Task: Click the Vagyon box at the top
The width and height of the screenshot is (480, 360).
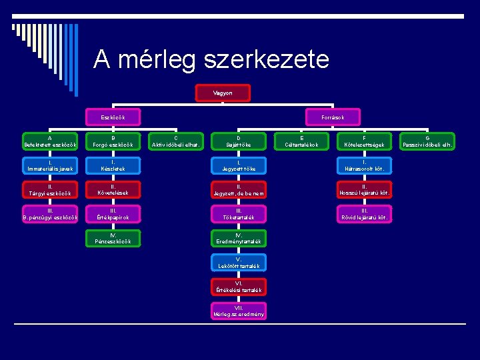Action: (x=223, y=93)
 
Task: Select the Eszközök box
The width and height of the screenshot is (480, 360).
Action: (x=113, y=117)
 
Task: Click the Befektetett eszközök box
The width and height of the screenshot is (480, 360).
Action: (x=50, y=141)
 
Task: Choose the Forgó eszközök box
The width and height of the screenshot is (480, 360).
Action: (x=113, y=141)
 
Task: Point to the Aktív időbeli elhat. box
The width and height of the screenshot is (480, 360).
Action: (x=176, y=141)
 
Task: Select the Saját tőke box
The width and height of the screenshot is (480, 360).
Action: (x=238, y=141)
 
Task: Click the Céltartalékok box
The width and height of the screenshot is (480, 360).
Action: (x=301, y=141)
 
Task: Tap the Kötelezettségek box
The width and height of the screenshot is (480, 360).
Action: (x=364, y=141)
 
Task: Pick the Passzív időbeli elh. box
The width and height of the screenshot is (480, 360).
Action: (x=427, y=141)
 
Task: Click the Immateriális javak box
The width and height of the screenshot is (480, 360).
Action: (x=50, y=165)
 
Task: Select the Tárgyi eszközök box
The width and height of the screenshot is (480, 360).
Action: (x=50, y=190)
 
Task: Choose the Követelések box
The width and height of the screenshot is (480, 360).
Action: (x=113, y=190)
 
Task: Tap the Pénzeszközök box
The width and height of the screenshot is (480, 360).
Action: (x=113, y=238)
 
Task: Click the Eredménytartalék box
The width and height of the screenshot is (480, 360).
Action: (x=238, y=238)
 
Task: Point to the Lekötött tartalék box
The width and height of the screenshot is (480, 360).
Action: (x=238, y=263)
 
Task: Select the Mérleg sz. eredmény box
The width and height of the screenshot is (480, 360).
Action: (x=238, y=311)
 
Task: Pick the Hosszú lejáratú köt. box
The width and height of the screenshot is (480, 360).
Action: (x=364, y=190)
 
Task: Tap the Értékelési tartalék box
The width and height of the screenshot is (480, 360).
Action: (x=238, y=287)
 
